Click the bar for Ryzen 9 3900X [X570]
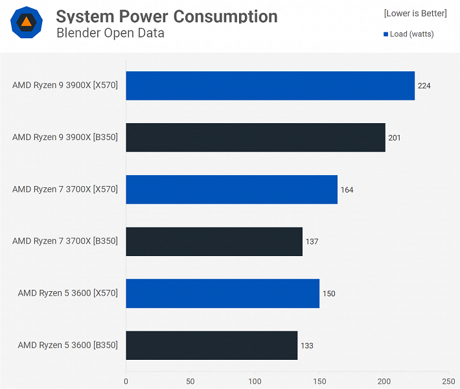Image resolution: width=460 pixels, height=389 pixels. (270, 86)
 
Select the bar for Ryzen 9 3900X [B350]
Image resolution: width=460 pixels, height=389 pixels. (255, 137)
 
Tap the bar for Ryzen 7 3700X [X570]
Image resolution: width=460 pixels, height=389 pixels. (231, 189)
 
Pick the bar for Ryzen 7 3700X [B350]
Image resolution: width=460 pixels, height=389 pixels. (214, 241)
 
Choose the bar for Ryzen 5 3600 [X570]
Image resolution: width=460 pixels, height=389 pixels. (222, 293)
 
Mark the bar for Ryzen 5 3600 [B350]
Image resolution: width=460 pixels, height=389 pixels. (211, 345)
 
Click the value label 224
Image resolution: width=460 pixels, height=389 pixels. (424, 86)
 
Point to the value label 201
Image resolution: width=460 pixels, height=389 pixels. (395, 137)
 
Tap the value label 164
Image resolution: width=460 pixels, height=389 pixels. (347, 190)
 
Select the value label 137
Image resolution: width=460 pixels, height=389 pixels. (312, 242)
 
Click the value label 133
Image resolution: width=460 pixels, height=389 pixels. (307, 346)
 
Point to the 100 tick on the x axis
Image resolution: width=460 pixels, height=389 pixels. (255, 381)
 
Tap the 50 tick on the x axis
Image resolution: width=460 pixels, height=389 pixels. (190, 381)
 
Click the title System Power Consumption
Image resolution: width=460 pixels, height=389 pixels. (167, 16)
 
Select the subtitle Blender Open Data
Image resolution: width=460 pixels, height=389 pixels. (110, 33)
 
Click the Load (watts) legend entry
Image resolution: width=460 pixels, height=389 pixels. (409, 34)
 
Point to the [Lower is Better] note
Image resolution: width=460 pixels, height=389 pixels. (415, 13)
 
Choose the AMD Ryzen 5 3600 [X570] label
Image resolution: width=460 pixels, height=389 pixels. (68, 293)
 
